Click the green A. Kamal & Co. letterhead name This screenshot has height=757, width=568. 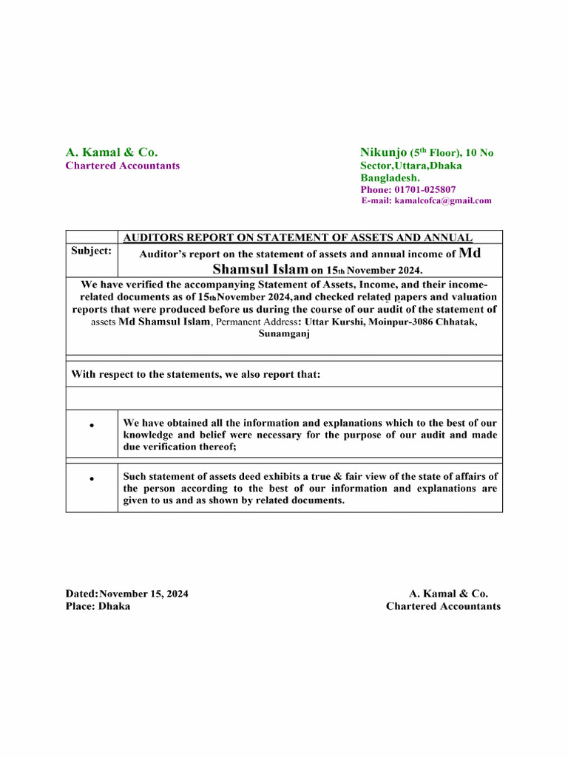point(112,152)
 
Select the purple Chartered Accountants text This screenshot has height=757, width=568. point(123,166)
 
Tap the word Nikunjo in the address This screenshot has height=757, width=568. point(383,152)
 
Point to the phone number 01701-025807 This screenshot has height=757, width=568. point(424,190)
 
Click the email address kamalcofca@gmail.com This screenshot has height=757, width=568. point(442,200)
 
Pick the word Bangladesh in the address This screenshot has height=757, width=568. point(390,178)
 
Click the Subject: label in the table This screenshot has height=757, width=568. point(91,251)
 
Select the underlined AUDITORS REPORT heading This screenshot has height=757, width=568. point(297,237)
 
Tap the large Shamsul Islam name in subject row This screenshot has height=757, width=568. point(260,270)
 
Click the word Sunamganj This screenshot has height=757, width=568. point(284,334)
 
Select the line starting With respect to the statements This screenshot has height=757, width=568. point(196,375)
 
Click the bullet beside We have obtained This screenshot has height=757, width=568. point(91,427)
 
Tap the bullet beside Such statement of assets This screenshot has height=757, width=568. point(91,480)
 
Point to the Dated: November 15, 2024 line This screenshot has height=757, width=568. point(126,594)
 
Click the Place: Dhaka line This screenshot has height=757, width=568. point(98,606)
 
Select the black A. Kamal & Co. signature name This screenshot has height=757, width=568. point(448,594)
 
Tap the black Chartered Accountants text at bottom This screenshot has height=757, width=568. point(443,606)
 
